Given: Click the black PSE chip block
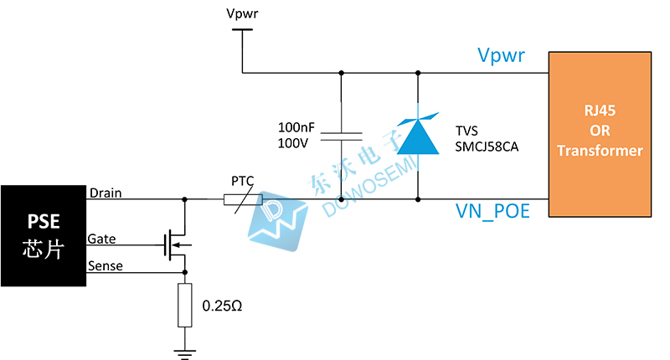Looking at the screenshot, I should [44, 235].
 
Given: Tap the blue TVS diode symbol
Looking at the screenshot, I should [418, 136].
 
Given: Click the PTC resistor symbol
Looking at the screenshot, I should [243, 200].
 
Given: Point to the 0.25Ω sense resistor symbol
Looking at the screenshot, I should [185, 305].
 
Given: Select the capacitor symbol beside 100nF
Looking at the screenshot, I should [341, 136].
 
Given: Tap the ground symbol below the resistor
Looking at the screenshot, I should [185, 352].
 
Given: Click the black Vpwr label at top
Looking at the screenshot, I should [243, 13].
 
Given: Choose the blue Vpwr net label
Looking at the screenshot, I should [501, 56].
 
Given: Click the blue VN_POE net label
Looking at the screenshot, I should [493, 211].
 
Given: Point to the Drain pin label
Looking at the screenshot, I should [105, 193].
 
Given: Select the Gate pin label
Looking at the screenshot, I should [102, 239].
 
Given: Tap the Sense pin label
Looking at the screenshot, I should [105, 266].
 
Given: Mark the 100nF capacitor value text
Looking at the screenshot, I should [296, 127].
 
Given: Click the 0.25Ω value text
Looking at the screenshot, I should [222, 306].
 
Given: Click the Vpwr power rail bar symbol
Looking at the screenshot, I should [242, 31].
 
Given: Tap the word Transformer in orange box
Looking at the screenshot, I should [600, 151].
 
